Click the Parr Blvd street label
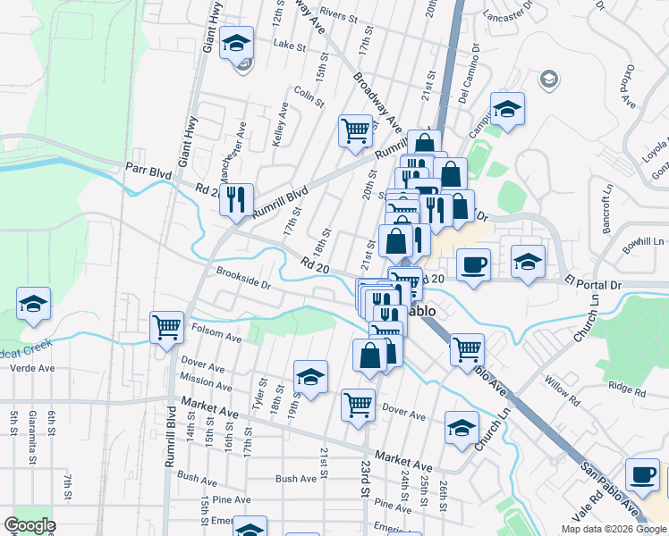click(x=148, y=167)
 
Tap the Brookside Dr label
click(x=241, y=278)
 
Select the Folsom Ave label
click(x=216, y=334)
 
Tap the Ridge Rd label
click(x=626, y=387)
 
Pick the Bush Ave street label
click(x=296, y=479)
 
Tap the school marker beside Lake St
click(x=237, y=44)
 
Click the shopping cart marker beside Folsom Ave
click(x=167, y=328)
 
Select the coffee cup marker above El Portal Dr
click(x=473, y=264)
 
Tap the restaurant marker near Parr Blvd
click(x=236, y=200)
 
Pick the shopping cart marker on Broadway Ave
click(x=355, y=131)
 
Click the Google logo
click(x=30, y=525)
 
